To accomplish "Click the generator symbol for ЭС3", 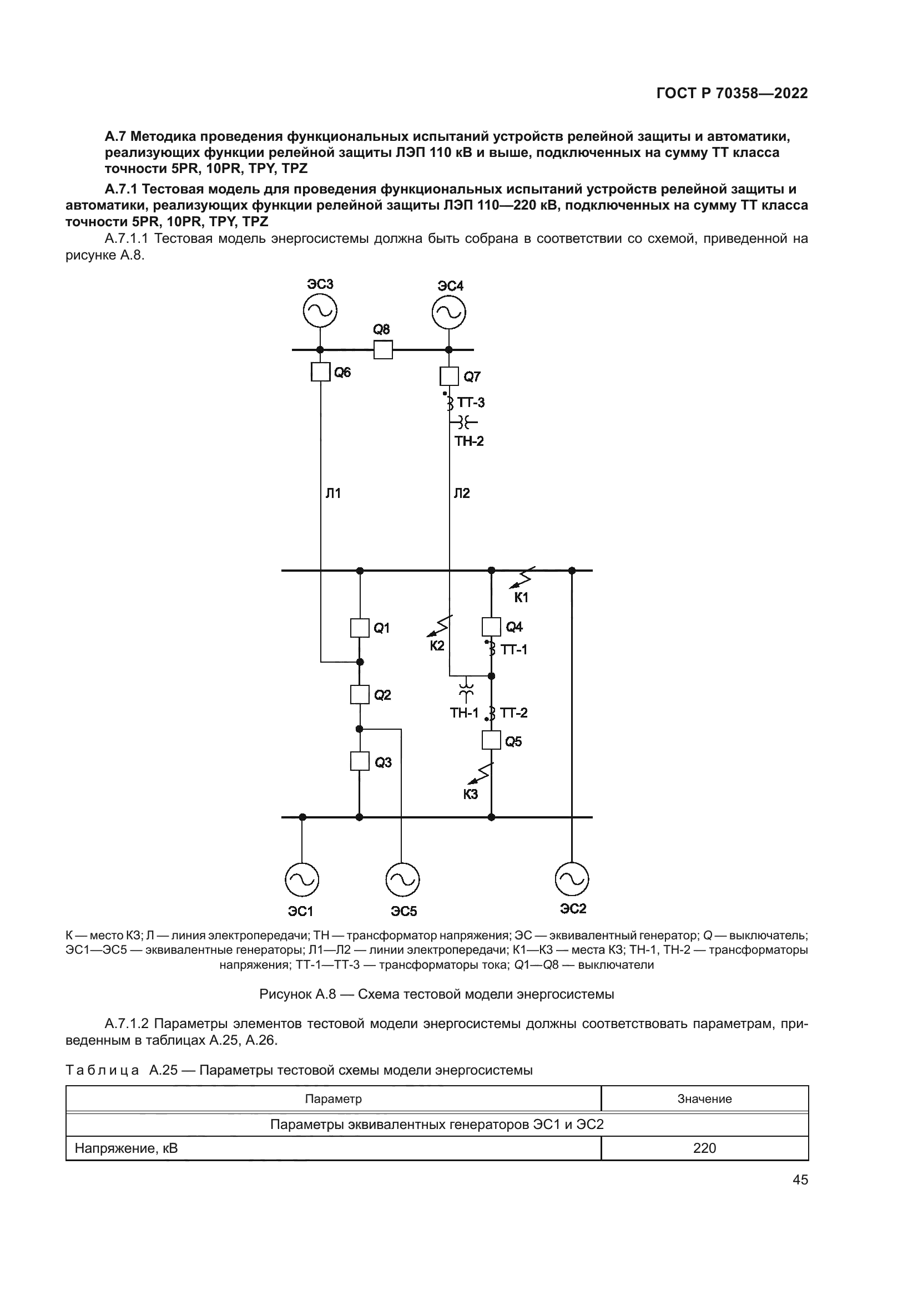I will (320, 311).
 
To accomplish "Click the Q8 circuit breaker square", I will (383, 350).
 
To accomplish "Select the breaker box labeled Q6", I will (320, 372).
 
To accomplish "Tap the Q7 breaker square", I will (449, 375).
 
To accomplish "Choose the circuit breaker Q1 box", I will (360, 628).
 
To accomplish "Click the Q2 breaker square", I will (360, 694).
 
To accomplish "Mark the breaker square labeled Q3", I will (360, 761).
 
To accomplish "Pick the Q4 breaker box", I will (491, 627).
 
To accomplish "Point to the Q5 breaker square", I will (491, 740).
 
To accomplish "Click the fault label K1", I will (521, 597).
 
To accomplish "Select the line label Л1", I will (333, 494).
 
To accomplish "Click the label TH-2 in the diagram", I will (469, 441).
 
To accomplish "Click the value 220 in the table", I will (704, 1148).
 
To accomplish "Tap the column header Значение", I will (704, 1098).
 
